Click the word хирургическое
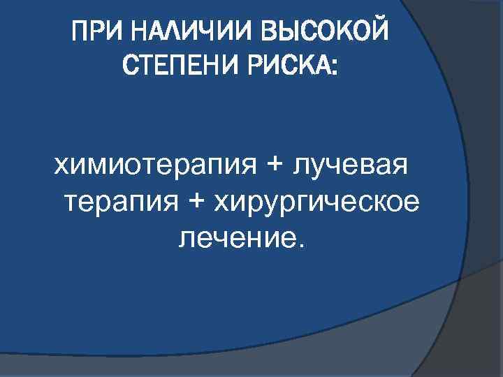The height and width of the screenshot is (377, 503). coord(316,202)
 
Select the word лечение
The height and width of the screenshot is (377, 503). coord(235,239)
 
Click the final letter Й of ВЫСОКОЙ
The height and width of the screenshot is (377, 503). coord(380,30)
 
